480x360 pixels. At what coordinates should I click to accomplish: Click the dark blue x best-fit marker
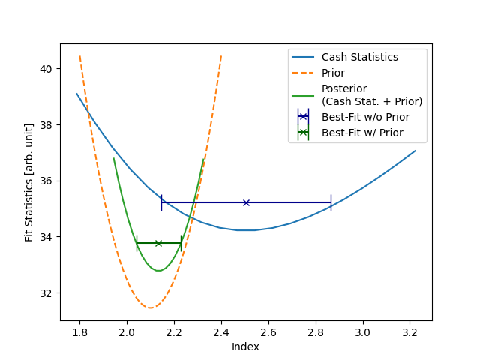click(246, 202)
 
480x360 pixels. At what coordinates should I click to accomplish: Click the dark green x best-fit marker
click(158, 243)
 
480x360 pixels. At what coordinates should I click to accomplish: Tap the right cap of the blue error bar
click(331, 202)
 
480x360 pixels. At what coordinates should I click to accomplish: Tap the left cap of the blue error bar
click(161, 202)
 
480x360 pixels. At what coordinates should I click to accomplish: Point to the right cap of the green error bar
click(181, 243)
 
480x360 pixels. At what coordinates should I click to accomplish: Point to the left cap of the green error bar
click(136, 243)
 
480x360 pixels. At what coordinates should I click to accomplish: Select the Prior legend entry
click(333, 73)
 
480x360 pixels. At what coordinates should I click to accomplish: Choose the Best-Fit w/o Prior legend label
click(365, 117)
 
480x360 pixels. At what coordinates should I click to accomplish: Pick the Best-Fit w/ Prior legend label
click(362, 133)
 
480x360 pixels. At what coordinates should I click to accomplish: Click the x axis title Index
click(245, 346)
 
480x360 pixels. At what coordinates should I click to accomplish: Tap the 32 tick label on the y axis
click(46, 293)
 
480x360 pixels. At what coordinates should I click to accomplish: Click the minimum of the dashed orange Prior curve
click(151, 307)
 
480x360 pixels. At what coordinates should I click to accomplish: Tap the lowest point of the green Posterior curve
click(158, 271)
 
